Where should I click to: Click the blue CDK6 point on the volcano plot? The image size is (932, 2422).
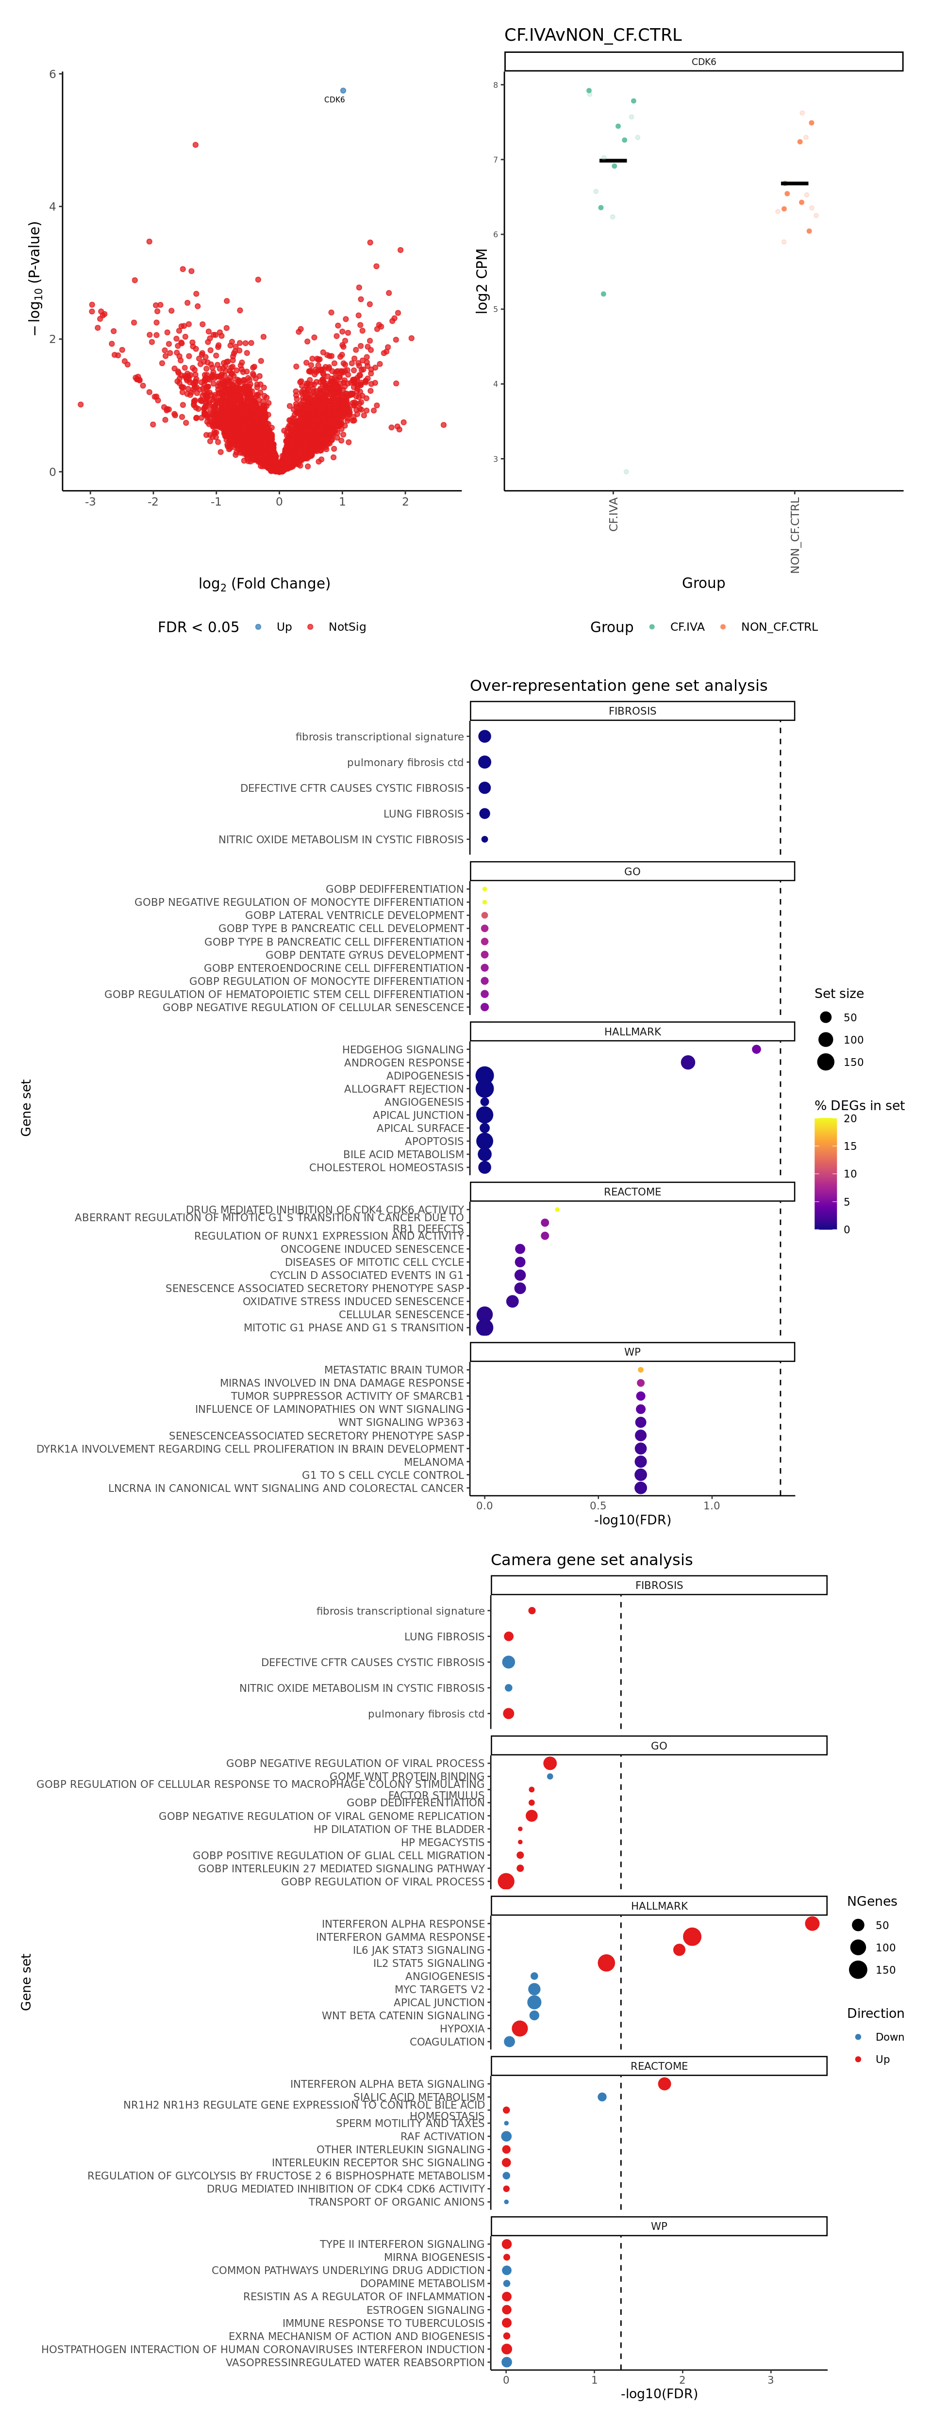pyautogui.click(x=342, y=90)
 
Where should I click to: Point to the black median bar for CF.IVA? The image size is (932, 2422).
pyautogui.click(x=612, y=161)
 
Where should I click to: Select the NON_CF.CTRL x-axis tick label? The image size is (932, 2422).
pyautogui.click(x=796, y=536)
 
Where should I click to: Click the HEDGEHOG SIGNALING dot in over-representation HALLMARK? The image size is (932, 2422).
pyautogui.click(x=756, y=1049)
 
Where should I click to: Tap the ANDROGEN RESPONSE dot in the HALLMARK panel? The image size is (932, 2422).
pyautogui.click(x=687, y=1063)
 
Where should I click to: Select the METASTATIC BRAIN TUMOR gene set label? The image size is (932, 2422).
pyautogui.click(x=394, y=1370)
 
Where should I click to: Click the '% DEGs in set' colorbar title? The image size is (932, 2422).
pyautogui.click(x=859, y=1106)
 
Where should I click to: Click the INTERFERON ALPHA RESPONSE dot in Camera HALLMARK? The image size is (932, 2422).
pyautogui.click(x=812, y=1924)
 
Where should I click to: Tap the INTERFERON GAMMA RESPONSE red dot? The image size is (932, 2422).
pyautogui.click(x=692, y=1937)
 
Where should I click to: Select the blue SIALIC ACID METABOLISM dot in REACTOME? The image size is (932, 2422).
pyautogui.click(x=602, y=2096)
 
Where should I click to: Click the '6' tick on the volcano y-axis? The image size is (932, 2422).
pyautogui.click(x=52, y=74)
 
